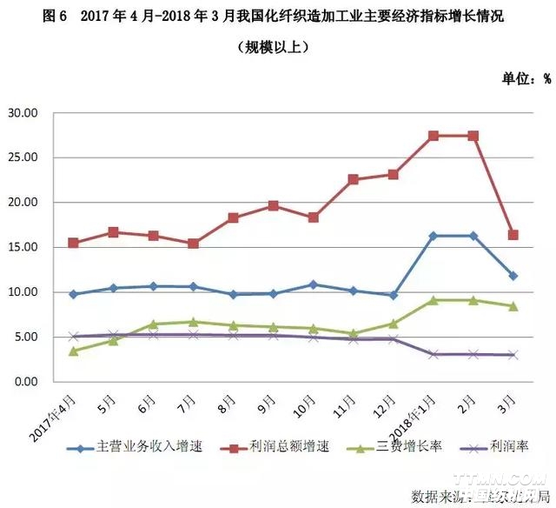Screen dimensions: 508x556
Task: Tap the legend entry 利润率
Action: [x=506, y=447]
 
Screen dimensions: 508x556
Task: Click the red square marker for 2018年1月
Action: [x=434, y=136]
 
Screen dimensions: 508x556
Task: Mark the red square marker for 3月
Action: [x=513, y=235]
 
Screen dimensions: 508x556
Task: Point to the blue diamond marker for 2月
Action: [x=473, y=236]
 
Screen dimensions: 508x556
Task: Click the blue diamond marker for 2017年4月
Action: [x=74, y=294]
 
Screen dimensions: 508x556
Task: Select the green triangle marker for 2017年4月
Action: [x=74, y=351]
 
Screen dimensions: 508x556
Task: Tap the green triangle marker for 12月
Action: [x=394, y=324]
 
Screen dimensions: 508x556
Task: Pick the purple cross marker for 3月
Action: [x=513, y=355]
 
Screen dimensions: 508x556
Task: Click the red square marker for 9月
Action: [x=274, y=206]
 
